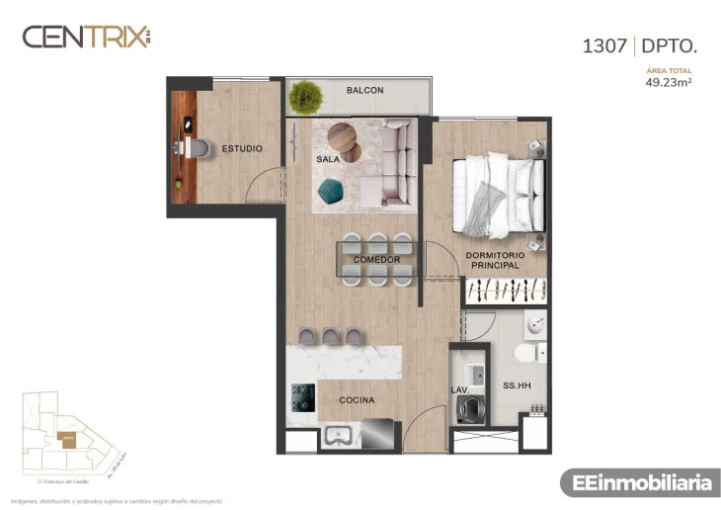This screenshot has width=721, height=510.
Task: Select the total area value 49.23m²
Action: pos(668,83)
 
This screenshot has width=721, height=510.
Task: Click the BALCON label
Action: pos(364,90)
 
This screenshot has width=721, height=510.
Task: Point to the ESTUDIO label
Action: pos(242,148)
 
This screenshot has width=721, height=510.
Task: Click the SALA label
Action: pos(328,158)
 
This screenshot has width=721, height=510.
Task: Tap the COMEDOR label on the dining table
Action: pos(376,260)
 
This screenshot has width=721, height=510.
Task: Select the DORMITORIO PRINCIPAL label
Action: pos(495,261)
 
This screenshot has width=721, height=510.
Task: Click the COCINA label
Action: pos(356,400)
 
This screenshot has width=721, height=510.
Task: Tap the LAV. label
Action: pos(460,389)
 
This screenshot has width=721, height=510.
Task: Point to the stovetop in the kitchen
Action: pos(301,398)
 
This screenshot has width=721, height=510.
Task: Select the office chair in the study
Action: pos(199,148)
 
